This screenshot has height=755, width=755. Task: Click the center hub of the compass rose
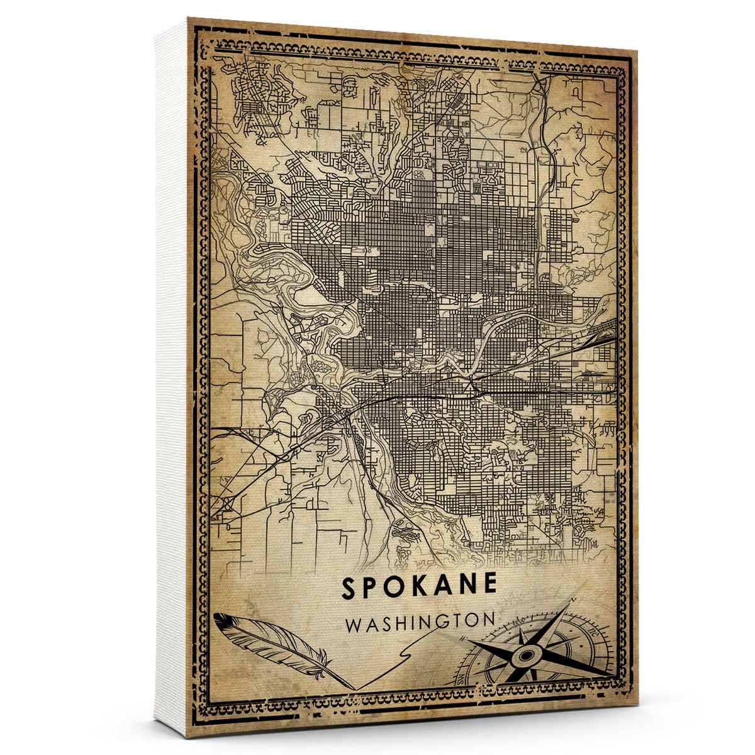[x=526, y=656]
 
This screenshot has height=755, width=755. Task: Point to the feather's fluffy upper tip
[x=220, y=619]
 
